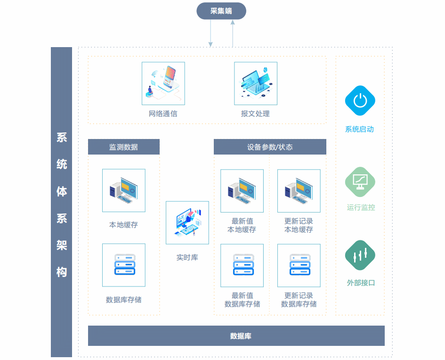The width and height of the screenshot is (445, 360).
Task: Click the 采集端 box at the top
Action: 221,11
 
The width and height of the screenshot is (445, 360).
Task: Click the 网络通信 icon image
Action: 163,83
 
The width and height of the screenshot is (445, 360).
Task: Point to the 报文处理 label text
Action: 255,114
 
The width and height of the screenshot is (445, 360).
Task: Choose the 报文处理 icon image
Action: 256,83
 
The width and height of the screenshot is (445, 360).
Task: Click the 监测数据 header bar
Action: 124,147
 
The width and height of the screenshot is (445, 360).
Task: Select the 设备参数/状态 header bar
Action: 270,147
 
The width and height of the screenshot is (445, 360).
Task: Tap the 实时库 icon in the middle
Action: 187,223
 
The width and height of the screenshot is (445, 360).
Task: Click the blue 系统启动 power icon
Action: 360,100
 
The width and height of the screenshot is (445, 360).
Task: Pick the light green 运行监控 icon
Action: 360,181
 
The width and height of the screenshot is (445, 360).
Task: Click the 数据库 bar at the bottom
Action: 236,336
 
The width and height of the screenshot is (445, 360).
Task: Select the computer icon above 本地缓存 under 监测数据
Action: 124,190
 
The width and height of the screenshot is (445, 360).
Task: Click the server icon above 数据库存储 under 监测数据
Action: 124,265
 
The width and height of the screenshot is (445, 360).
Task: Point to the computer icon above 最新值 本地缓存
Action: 242,191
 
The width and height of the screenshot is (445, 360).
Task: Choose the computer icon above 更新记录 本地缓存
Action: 299,191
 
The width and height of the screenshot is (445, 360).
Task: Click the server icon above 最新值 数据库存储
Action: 242,265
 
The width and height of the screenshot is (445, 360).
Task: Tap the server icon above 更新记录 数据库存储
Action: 299,265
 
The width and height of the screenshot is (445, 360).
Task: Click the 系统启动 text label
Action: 360,129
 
